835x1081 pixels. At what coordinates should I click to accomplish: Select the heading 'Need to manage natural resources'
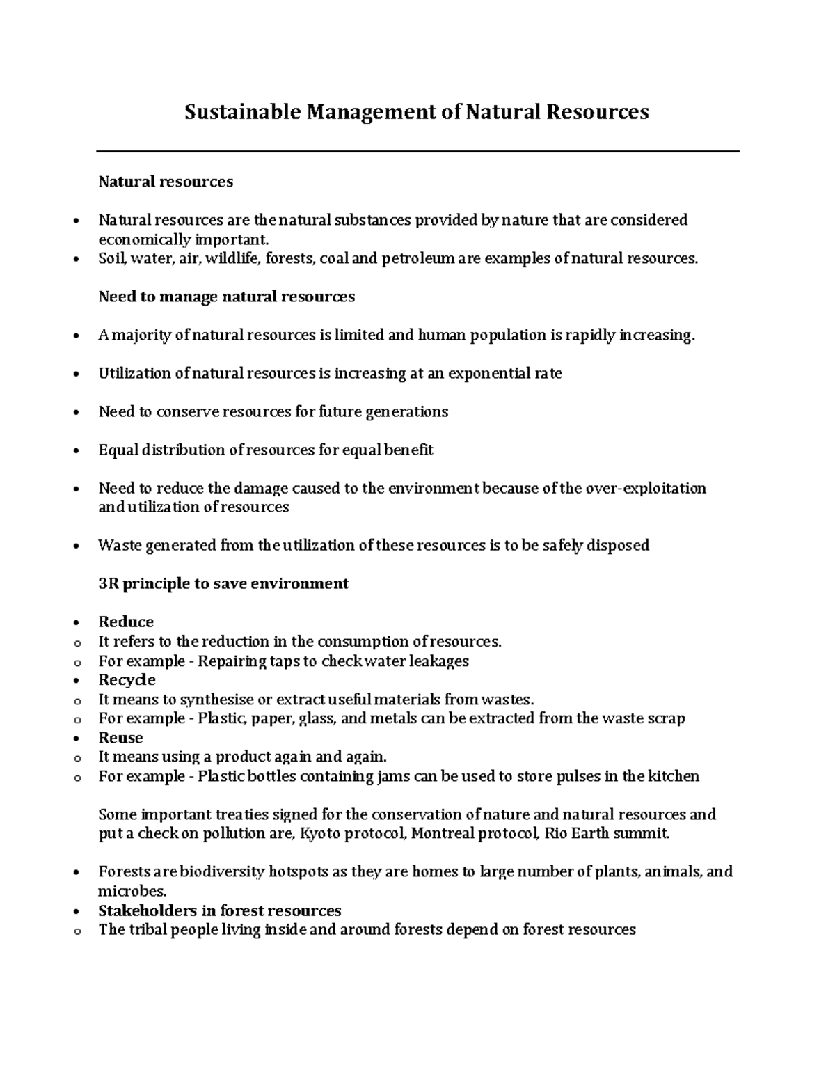pyautogui.click(x=226, y=297)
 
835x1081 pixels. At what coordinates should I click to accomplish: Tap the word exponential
pyautogui.click(x=488, y=374)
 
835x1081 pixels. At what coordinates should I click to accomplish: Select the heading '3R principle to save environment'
pyautogui.click(x=223, y=583)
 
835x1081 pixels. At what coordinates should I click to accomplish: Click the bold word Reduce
pyautogui.click(x=126, y=622)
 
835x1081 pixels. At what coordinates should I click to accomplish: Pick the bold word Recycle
pyautogui.click(x=127, y=679)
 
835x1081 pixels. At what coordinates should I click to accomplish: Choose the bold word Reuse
pyautogui.click(x=120, y=738)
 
